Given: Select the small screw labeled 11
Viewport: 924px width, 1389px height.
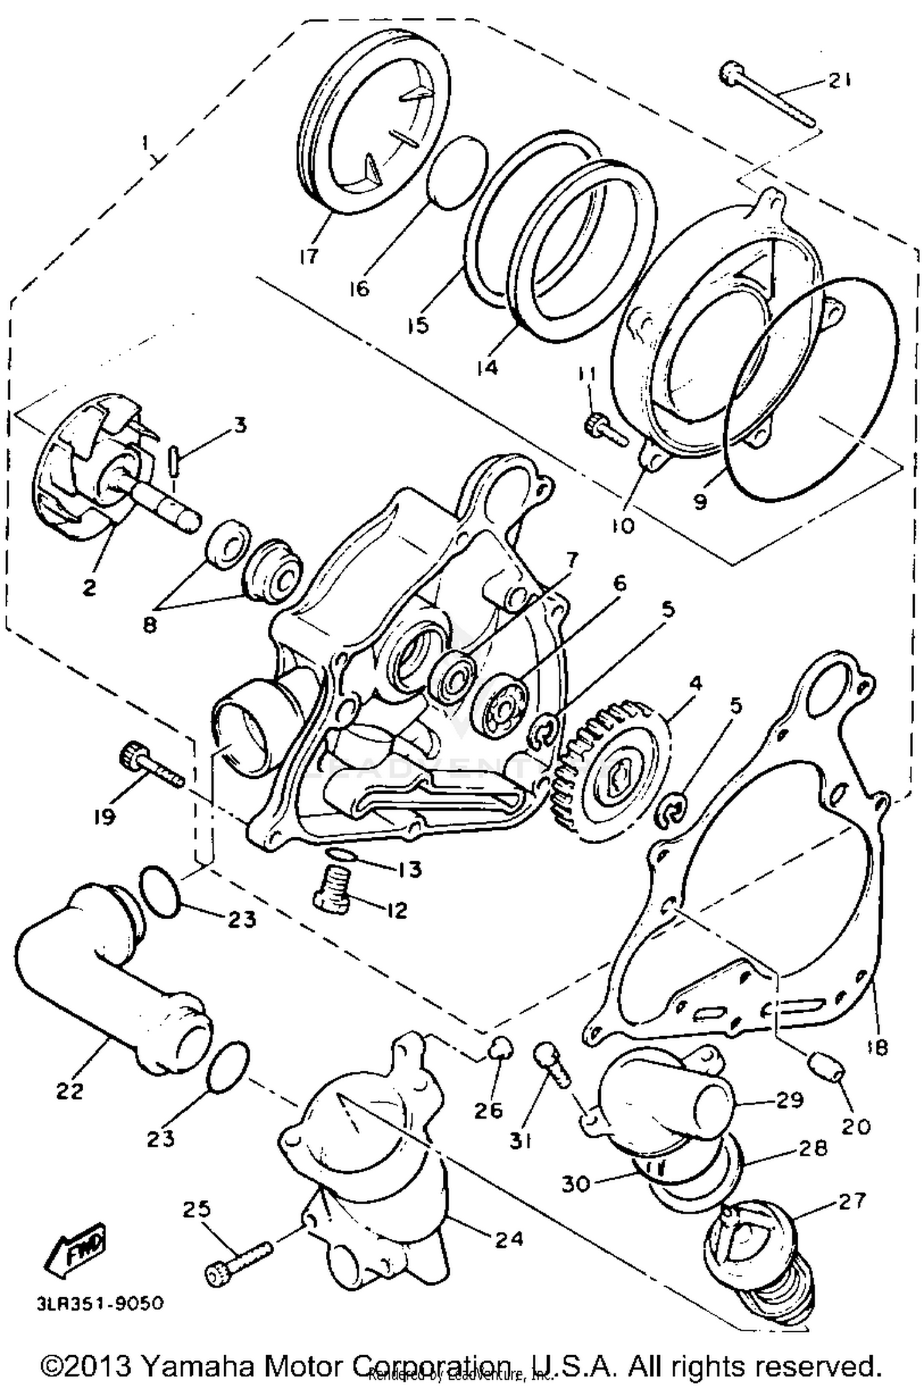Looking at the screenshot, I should [x=604, y=429].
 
